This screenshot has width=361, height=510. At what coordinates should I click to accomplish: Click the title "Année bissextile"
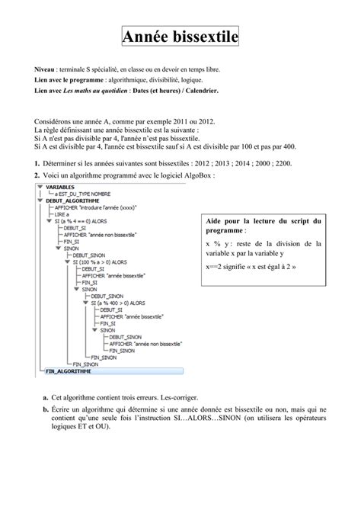point(180,36)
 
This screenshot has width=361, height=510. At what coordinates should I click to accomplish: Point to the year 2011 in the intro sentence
point(182,121)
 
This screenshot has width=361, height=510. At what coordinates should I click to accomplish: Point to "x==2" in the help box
point(216,267)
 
